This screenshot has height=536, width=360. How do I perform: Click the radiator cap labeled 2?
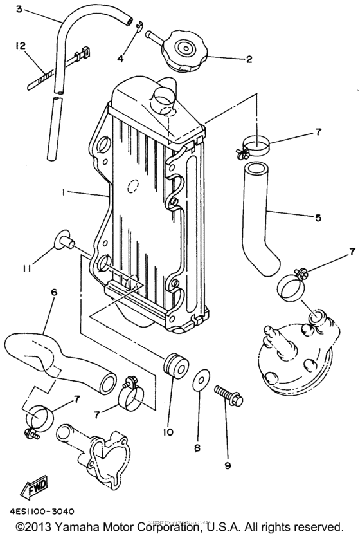(184, 50)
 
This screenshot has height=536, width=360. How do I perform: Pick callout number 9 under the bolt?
(228, 463)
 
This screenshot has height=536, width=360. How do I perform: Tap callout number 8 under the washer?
(198, 446)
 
